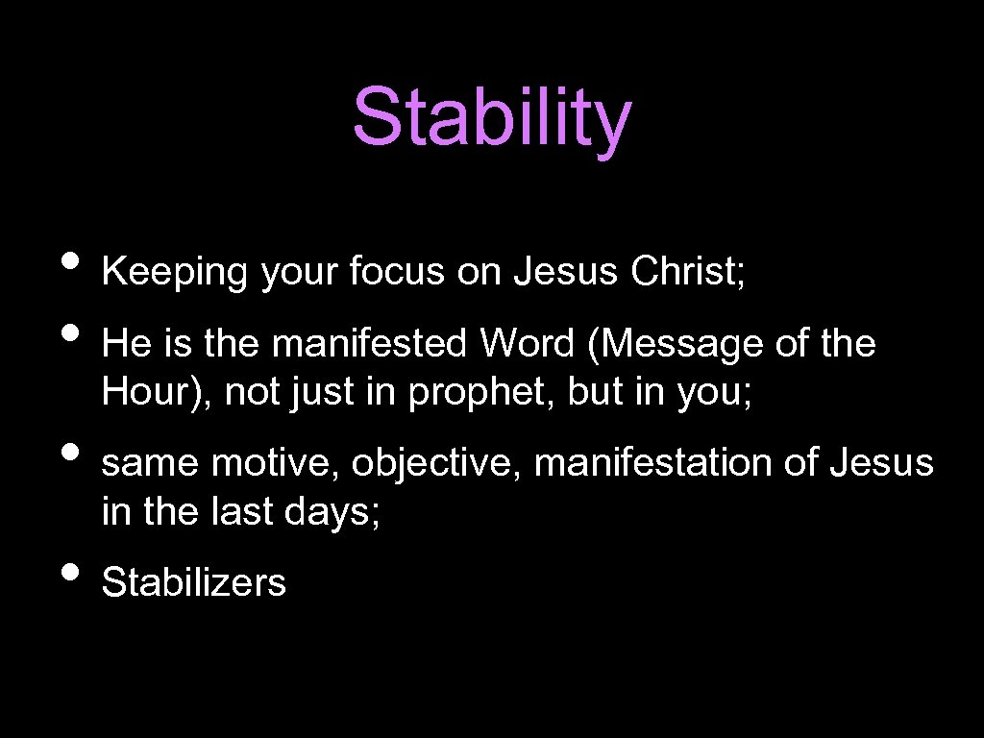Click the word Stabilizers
point(194,582)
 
